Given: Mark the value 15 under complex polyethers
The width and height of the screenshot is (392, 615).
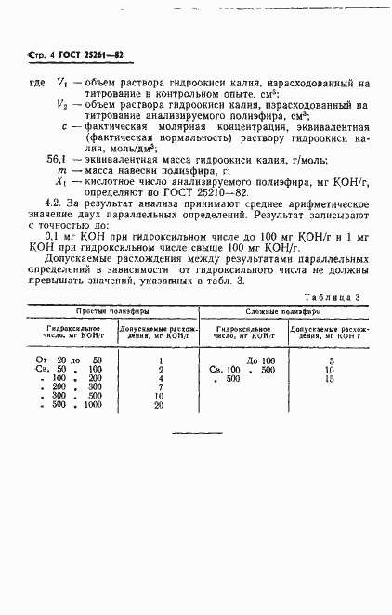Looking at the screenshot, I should click(330, 378).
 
